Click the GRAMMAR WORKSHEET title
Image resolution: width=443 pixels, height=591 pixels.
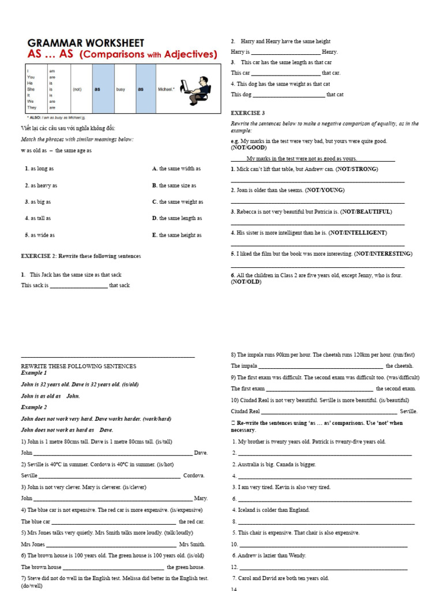[86, 43]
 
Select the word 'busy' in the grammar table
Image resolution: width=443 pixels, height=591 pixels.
[121, 89]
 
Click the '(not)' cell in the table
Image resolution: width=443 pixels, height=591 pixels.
[77, 89]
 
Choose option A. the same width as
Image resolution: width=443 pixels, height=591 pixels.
[177, 169]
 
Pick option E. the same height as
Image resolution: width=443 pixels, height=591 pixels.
[177, 235]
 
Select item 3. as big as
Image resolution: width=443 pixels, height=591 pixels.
[38, 202]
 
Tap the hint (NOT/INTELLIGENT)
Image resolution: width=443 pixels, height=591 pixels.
[358, 233]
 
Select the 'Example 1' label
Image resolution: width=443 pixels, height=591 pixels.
[34, 373]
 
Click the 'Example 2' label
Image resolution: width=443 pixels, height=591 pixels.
[34, 407]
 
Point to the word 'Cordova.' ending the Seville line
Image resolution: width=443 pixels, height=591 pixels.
[194, 476]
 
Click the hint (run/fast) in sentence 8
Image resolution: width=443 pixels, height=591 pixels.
[401, 354]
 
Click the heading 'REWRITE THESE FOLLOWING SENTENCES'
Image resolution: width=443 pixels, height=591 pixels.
[78, 366]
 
